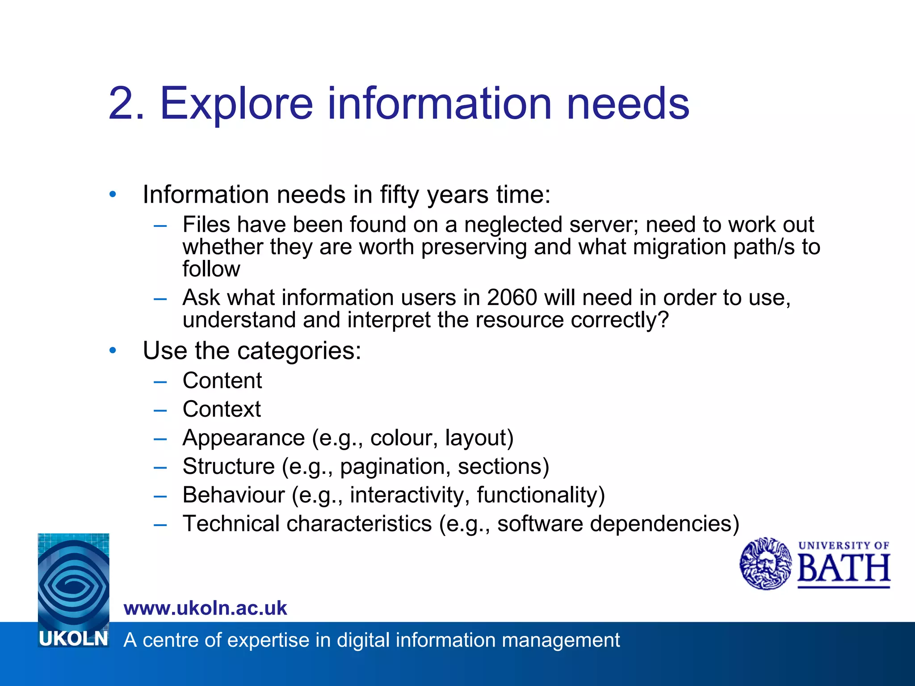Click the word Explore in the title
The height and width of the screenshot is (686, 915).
[x=236, y=104]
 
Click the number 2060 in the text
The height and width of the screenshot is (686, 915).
[x=512, y=297]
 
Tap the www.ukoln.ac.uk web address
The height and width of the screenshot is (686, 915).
[x=205, y=608]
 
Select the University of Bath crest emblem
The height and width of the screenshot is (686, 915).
[x=765, y=564]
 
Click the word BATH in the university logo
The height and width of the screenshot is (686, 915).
[x=844, y=569]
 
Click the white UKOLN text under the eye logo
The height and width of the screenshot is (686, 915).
[x=73, y=639]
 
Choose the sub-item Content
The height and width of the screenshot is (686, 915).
[x=222, y=381]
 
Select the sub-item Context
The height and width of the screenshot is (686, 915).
[x=222, y=409]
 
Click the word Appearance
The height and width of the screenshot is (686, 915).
[x=243, y=438]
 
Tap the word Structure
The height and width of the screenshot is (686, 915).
[x=228, y=466]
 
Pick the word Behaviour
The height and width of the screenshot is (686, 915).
[x=233, y=495]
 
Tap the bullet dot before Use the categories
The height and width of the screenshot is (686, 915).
[x=113, y=351]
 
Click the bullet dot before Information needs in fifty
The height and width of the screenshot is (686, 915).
[x=113, y=195]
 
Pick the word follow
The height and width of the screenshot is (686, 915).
[x=211, y=269]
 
